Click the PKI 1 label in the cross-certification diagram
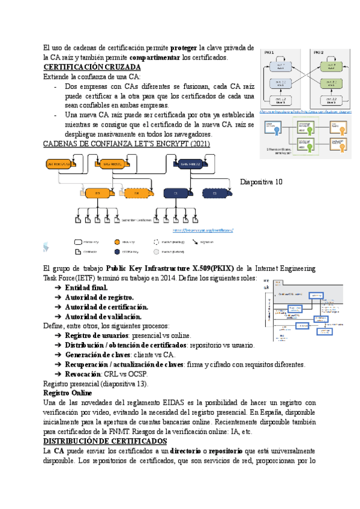[x=268, y=53]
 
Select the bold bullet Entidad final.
[x=86, y=288]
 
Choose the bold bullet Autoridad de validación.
[x=103, y=316]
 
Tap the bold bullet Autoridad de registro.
[x=99, y=297]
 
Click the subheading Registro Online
[x=66, y=393]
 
